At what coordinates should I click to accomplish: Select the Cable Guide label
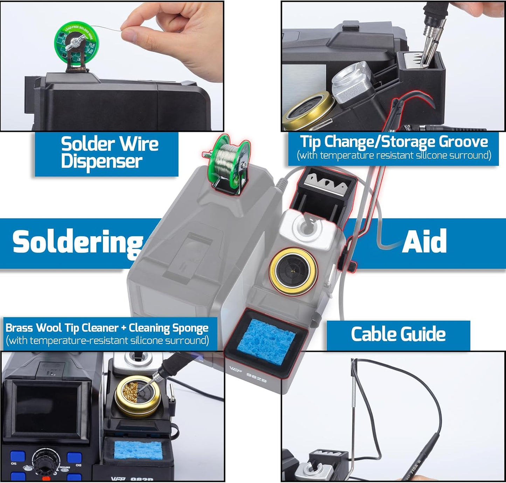pyautogui.click(x=398, y=334)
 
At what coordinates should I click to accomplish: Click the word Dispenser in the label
pyautogui.click(x=102, y=162)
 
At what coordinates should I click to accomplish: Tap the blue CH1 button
pyautogui.click(x=18, y=456)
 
